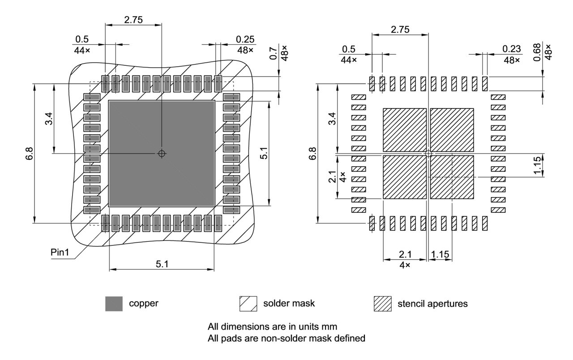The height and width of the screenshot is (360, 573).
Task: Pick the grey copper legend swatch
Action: click(x=114, y=304)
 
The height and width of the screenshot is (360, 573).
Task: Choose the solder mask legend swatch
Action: click(x=248, y=304)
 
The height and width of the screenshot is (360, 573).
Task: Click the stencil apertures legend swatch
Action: click(x=383, y=304)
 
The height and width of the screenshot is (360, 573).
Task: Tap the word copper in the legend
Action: click(x=144, y=303)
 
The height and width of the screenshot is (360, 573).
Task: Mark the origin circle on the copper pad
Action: click(x=162, y=153)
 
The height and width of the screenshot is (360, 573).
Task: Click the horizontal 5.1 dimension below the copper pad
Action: click(x=162, y=264)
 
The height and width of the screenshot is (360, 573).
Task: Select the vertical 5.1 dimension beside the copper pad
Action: click(x=264, y=153)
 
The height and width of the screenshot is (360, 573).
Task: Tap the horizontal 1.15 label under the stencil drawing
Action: click(x=440, y=254)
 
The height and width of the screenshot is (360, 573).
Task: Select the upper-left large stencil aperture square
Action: click(x=405, y=129)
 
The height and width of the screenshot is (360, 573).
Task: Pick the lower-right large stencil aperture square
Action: click(x=452, y=177)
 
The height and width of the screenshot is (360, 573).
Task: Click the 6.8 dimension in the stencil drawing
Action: click(x=313, y=153)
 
